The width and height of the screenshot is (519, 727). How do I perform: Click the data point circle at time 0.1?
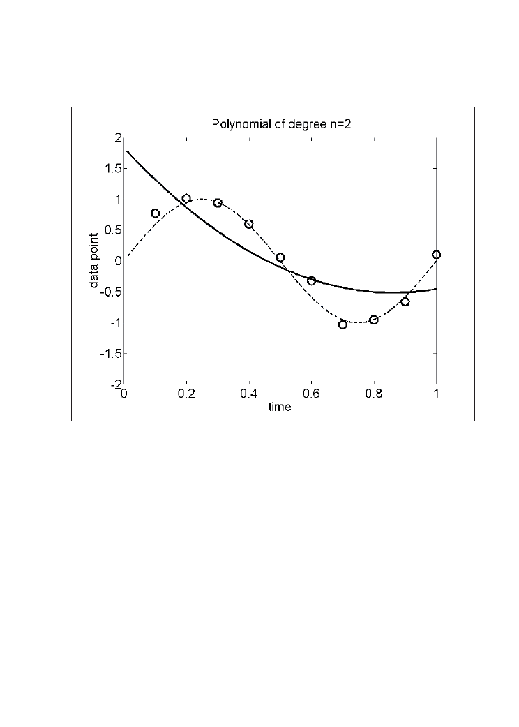click(155, 213)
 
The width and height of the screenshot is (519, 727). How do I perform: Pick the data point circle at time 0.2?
click(186, 198)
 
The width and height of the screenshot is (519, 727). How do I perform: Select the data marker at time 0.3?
click(218, 203)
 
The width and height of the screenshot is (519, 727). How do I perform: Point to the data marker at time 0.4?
click(249, 224)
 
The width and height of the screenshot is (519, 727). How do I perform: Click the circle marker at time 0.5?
click(280, 257)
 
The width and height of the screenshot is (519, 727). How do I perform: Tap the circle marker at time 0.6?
click(311, 280)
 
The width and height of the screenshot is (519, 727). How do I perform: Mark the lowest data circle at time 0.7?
click(343, 324)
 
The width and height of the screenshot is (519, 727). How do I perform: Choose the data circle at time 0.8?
click(374, 320)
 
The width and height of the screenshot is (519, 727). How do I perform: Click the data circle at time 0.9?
click(405, 301)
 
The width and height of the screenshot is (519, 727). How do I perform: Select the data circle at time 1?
click(437, 255)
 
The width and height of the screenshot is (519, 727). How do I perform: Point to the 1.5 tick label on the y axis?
click(112, 168)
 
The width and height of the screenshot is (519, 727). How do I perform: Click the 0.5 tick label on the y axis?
click(112, 230)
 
